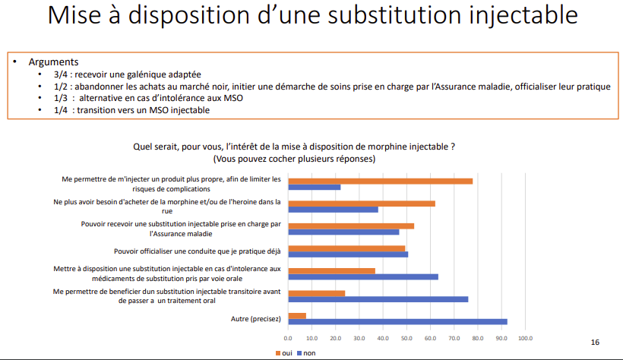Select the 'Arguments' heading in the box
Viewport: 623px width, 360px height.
click(53, 62)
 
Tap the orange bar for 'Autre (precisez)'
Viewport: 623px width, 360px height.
click(296, 315)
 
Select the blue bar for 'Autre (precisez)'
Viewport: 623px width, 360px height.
click(397, 322)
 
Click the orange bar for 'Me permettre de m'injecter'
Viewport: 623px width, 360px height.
click(380, 181)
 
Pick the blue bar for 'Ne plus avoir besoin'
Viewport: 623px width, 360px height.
click(333, 210)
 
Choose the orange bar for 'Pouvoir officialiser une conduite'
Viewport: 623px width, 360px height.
click(346, 248)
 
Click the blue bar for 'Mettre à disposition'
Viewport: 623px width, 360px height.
click(363, 276)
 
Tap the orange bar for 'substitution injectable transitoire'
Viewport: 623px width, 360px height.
click(316, 292)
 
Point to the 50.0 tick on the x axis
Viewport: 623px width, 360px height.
click(406, 338)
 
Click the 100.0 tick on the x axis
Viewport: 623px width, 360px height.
click(525, 338)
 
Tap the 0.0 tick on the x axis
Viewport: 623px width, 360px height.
click(288, 338)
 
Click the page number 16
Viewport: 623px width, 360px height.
click(595, 343)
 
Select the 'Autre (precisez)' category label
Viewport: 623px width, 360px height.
click(256, 319)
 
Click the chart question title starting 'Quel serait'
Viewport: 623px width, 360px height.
click(295, 145)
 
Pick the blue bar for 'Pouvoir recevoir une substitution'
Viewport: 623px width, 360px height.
click(343, 232)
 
